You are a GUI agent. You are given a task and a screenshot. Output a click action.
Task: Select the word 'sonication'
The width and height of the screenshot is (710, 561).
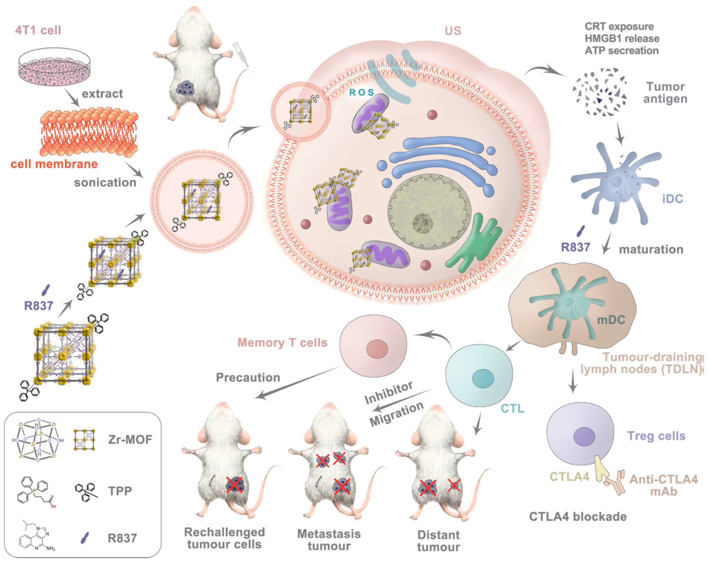(105, 182)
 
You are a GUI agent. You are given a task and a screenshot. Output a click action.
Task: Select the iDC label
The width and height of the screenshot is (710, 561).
(672, 198)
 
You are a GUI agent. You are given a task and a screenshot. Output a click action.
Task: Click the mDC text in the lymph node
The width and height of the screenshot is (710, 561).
(611, 320)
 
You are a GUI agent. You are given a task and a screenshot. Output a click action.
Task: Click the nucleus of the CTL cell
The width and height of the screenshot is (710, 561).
(483, 378)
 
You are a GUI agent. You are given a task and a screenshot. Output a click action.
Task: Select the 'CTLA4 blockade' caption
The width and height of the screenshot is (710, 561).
(578, 517)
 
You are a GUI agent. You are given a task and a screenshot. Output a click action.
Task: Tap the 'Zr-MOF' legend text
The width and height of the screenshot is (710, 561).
(130, 439)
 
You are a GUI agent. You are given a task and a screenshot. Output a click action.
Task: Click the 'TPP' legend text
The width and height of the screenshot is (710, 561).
(120, 491)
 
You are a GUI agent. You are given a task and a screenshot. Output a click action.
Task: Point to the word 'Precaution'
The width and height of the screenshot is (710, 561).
(248, 377)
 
